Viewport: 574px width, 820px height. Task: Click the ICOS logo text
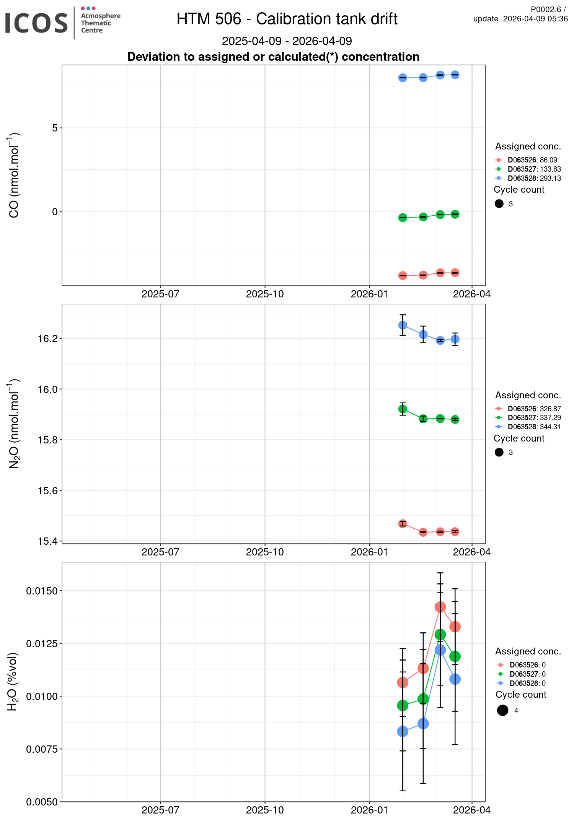[36, 23]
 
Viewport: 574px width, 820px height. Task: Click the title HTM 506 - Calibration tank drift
[287, 19]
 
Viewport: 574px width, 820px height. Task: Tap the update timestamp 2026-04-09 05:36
[535, 19]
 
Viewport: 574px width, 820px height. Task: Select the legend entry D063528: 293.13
[534, 179]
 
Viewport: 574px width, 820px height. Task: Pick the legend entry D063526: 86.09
[532, 160]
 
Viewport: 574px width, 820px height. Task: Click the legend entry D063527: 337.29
[534, 418]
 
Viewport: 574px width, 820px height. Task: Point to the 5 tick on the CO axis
[55, 128]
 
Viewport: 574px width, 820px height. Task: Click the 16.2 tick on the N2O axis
[47, 339]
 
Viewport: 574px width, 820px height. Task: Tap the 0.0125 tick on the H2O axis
[42, 643]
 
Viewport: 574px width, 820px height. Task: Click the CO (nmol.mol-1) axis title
[14, 175]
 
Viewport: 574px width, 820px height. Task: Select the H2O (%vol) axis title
[13, 682]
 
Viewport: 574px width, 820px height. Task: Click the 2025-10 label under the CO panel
[265, 294]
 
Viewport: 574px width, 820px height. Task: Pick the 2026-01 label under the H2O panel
[369, 810]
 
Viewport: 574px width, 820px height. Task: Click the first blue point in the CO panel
[403, 78]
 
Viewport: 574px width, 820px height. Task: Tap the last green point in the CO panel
[455, 214]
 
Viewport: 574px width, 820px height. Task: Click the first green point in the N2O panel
[403, 409]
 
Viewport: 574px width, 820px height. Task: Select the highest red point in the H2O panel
[440, 607]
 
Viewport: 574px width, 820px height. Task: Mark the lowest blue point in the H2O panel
[403, 732]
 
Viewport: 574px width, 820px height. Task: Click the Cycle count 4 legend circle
[502, 710]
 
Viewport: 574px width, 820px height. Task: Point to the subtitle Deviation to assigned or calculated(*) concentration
[273, 57]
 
